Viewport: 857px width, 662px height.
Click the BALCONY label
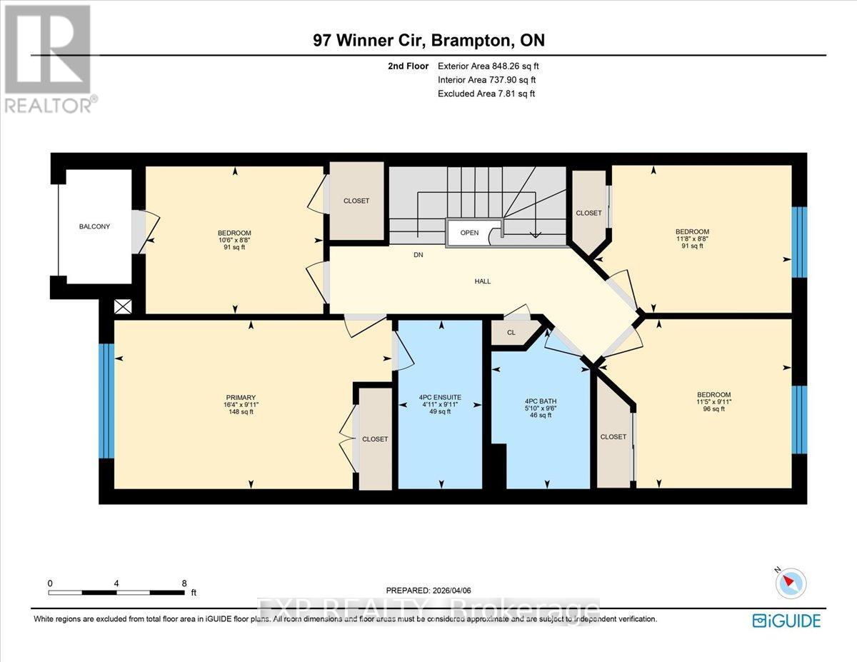tap(95, 226)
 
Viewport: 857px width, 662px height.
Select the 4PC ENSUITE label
tap(440, 397)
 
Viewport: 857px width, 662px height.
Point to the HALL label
tap(482, 281)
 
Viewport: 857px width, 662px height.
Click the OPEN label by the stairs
tap(469, 233)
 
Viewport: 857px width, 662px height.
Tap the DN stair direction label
tap(419, 255)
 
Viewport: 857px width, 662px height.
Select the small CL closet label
tap(511, 333)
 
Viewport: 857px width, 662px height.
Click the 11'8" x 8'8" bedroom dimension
tap(692, 239)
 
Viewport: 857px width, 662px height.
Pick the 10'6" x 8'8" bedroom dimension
tap(234, 240)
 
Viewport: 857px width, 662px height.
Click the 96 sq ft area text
tap(714, 409)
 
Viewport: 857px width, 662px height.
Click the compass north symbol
tap(790, 583)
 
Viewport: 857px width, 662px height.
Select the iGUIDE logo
tap(786, 621)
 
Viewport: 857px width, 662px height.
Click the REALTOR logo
tap(49, 57)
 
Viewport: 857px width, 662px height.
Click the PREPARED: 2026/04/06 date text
tap(428, 591)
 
